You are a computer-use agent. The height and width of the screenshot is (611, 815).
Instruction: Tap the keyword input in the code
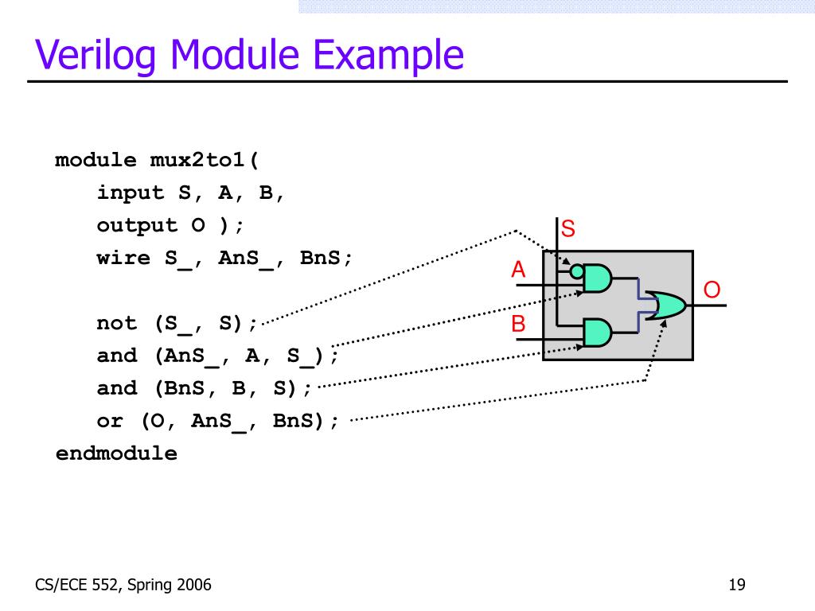coord(131,193)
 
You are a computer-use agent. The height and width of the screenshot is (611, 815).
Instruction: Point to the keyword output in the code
coord(137,225)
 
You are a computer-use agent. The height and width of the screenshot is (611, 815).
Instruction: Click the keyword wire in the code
coord(123,258)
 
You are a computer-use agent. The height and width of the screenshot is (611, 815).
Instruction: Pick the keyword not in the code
coord(117,323)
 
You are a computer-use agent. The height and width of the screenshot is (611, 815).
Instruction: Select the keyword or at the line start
coord(110,421)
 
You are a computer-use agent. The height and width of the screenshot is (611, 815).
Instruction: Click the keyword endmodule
coord(116,453)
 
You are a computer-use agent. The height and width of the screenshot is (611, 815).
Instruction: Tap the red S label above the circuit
coord(568,230)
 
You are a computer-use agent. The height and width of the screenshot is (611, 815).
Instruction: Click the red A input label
coord(519,270)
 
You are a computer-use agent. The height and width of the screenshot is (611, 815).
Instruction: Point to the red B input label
coord(519,325)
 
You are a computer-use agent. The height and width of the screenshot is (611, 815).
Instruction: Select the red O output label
coord(712,290)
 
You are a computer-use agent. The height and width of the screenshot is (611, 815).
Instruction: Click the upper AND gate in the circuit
coord(598,278)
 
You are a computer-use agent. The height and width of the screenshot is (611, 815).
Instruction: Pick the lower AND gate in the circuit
coord(598,333)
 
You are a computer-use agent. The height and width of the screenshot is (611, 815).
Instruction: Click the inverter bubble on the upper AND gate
coord(577,271)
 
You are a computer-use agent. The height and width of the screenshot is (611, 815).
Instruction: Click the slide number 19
coord(736,586)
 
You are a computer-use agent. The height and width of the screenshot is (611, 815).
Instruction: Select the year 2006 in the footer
coord(194,586)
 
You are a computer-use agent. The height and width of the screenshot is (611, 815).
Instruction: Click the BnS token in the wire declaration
coord(326,258)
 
